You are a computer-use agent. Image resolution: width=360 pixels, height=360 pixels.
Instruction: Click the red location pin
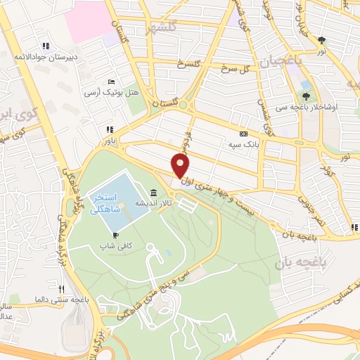pos(181,165)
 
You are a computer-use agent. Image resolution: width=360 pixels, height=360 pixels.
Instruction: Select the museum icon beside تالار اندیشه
pos(153,193)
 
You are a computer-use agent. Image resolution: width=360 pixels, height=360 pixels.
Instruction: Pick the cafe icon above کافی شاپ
pos(115,236)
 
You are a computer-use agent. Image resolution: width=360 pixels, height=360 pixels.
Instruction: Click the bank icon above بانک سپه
pos(243,134)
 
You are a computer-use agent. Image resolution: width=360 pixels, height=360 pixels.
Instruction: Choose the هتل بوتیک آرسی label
pos(111,93)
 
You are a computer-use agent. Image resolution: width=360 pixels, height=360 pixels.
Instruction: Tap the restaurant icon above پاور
pos(110,129)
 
